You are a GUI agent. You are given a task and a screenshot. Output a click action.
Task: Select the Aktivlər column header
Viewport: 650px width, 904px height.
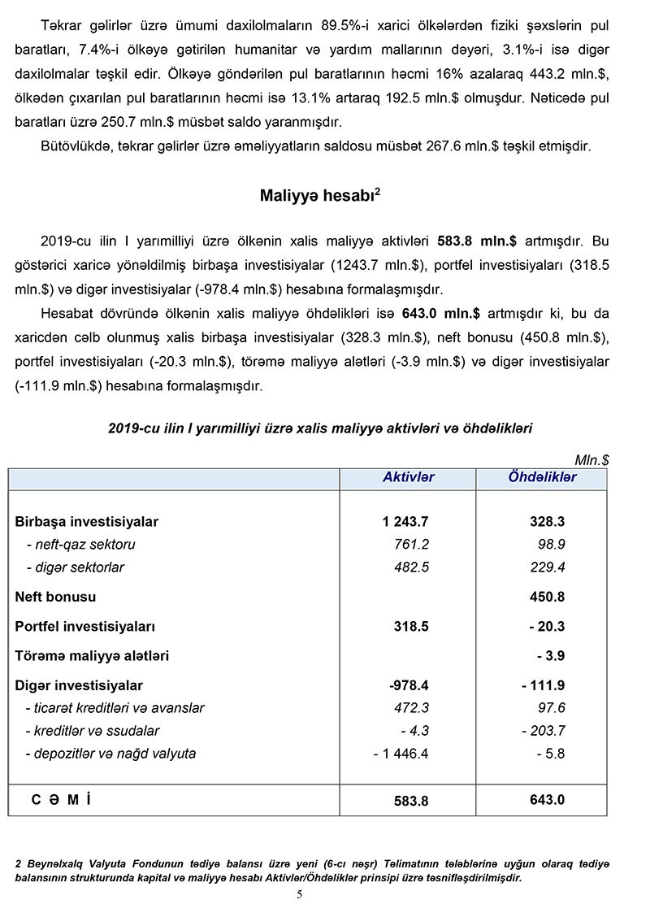(x=408, y=477)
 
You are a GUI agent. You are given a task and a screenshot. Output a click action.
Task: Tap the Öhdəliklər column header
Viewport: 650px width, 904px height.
(x=542, y=477)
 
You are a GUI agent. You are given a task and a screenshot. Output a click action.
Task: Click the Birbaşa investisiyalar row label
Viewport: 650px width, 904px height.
(x=87, y=522)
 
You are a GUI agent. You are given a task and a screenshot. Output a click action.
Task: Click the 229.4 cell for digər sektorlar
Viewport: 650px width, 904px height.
(x=547, y=567)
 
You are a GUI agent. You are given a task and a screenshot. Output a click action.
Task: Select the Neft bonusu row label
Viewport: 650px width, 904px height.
(x=55, y=597)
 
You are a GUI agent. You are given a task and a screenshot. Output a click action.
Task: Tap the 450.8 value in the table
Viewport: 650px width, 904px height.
(x=547, y=597)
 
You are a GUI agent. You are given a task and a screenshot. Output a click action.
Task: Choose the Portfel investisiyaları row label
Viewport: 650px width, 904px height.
(x=85, y=627)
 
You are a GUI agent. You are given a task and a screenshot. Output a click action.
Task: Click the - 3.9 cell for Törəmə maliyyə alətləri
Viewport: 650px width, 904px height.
(x=551, y=656)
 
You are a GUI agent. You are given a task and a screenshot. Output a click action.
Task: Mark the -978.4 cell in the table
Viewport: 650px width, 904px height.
(x=409, y=685)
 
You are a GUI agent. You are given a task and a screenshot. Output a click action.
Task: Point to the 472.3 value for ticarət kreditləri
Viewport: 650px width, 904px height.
(x=411, y=708)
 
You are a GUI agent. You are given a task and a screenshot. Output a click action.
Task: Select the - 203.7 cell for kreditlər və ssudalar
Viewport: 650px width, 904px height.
(x=544, y=731)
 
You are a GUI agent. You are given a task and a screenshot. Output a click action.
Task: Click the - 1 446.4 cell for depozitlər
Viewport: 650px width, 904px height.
(x=401, y=754)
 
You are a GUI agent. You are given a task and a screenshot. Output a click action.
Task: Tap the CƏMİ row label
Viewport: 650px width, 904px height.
(x=61, y=800)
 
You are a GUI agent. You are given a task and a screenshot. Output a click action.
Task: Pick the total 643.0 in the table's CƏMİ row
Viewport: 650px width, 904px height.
(x=547, y=800)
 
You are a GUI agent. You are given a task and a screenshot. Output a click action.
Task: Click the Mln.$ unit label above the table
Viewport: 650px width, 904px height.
(x=591, y=460)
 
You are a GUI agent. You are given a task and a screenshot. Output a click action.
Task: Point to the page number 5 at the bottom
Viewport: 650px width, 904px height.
(x=299, y=894)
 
